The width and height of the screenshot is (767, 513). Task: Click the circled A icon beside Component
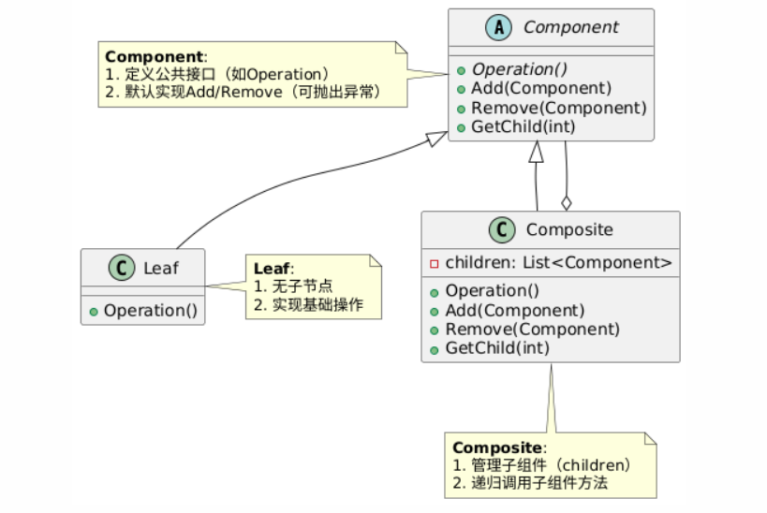click(498, 27)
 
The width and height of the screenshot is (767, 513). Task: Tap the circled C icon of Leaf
click(122, 268)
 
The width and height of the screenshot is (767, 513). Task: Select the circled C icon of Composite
click(502, 230)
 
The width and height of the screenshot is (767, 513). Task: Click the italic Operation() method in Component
click(519, 69)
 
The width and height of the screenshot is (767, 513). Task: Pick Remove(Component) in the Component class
click(558, 108)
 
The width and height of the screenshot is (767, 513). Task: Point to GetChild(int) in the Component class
click(523, 126)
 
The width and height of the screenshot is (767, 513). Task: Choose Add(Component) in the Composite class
click(514, 311)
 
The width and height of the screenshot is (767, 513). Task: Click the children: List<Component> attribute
click(558, 263)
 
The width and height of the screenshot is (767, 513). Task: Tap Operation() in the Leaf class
click(151, 311)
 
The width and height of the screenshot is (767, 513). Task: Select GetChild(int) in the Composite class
click(497, 348)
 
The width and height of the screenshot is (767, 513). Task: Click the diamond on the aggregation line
click(567, 203)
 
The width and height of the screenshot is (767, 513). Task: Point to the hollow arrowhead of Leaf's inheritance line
click(436, 139)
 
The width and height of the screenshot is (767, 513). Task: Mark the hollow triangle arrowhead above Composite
click(537, 152)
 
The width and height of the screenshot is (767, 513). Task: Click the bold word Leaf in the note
click(272, 269)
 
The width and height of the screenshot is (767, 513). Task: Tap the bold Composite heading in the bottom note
click(497, 447)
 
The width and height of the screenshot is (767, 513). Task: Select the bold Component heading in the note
click(155, 57)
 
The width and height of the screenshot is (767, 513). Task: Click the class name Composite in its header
click(569, 230)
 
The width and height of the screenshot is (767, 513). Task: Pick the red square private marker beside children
click(434, 264)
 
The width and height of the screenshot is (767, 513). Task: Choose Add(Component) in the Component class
click(541, 89)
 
